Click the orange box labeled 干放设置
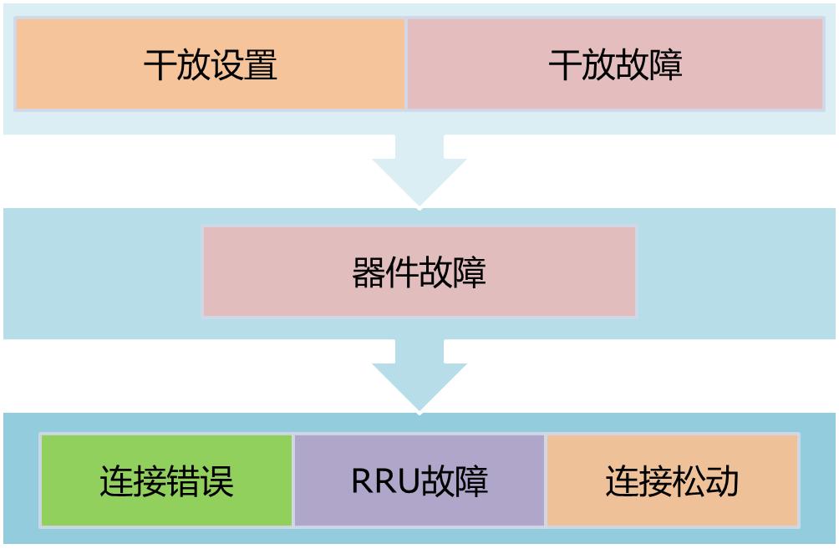point(210,64)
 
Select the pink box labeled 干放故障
point(615,64)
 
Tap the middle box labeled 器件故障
point(419,272)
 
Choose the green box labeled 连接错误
point(166,481)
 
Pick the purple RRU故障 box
point(419,481)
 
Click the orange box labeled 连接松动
point(672,481)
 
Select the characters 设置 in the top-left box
point(244,65)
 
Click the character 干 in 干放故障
point(565,65)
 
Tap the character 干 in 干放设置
point(160,65)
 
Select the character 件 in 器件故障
point(402,272)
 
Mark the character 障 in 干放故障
point(666,65)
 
